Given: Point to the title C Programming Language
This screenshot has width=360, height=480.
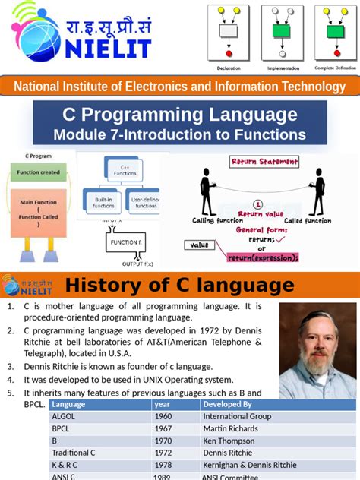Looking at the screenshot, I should click(x=179, y=115).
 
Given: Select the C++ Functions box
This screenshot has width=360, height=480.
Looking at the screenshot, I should click(x=125, y=169).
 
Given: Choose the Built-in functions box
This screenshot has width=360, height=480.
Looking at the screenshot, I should click(x=103, y=201).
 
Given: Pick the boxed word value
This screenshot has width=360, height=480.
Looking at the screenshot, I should click(x=200, y=245).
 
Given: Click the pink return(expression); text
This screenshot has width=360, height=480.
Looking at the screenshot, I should click(x=262, y=257).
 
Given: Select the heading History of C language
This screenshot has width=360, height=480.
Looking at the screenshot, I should click(x=179, y=286).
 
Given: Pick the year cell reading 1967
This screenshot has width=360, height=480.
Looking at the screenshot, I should click(x=163, y=428).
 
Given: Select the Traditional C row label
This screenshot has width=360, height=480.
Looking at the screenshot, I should click(x=72, y=453).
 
